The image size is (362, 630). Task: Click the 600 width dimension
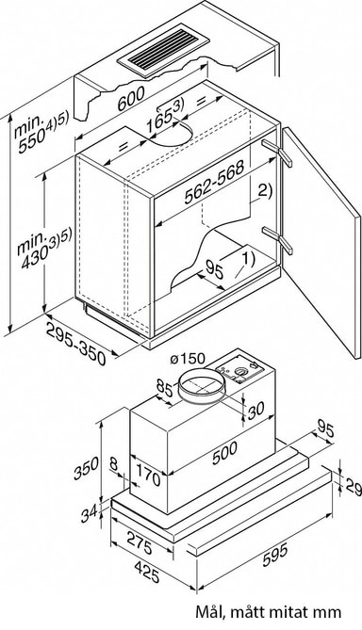[131, 99]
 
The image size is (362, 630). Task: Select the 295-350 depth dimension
[75, 344]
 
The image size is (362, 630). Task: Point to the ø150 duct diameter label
[188, 358]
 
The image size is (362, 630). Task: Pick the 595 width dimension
[275, 555]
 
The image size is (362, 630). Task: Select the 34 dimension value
[89, 513]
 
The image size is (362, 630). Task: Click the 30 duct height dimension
[255, 411]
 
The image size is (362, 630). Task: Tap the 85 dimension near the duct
[164, 389]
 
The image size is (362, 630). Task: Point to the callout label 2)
[264, 189]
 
